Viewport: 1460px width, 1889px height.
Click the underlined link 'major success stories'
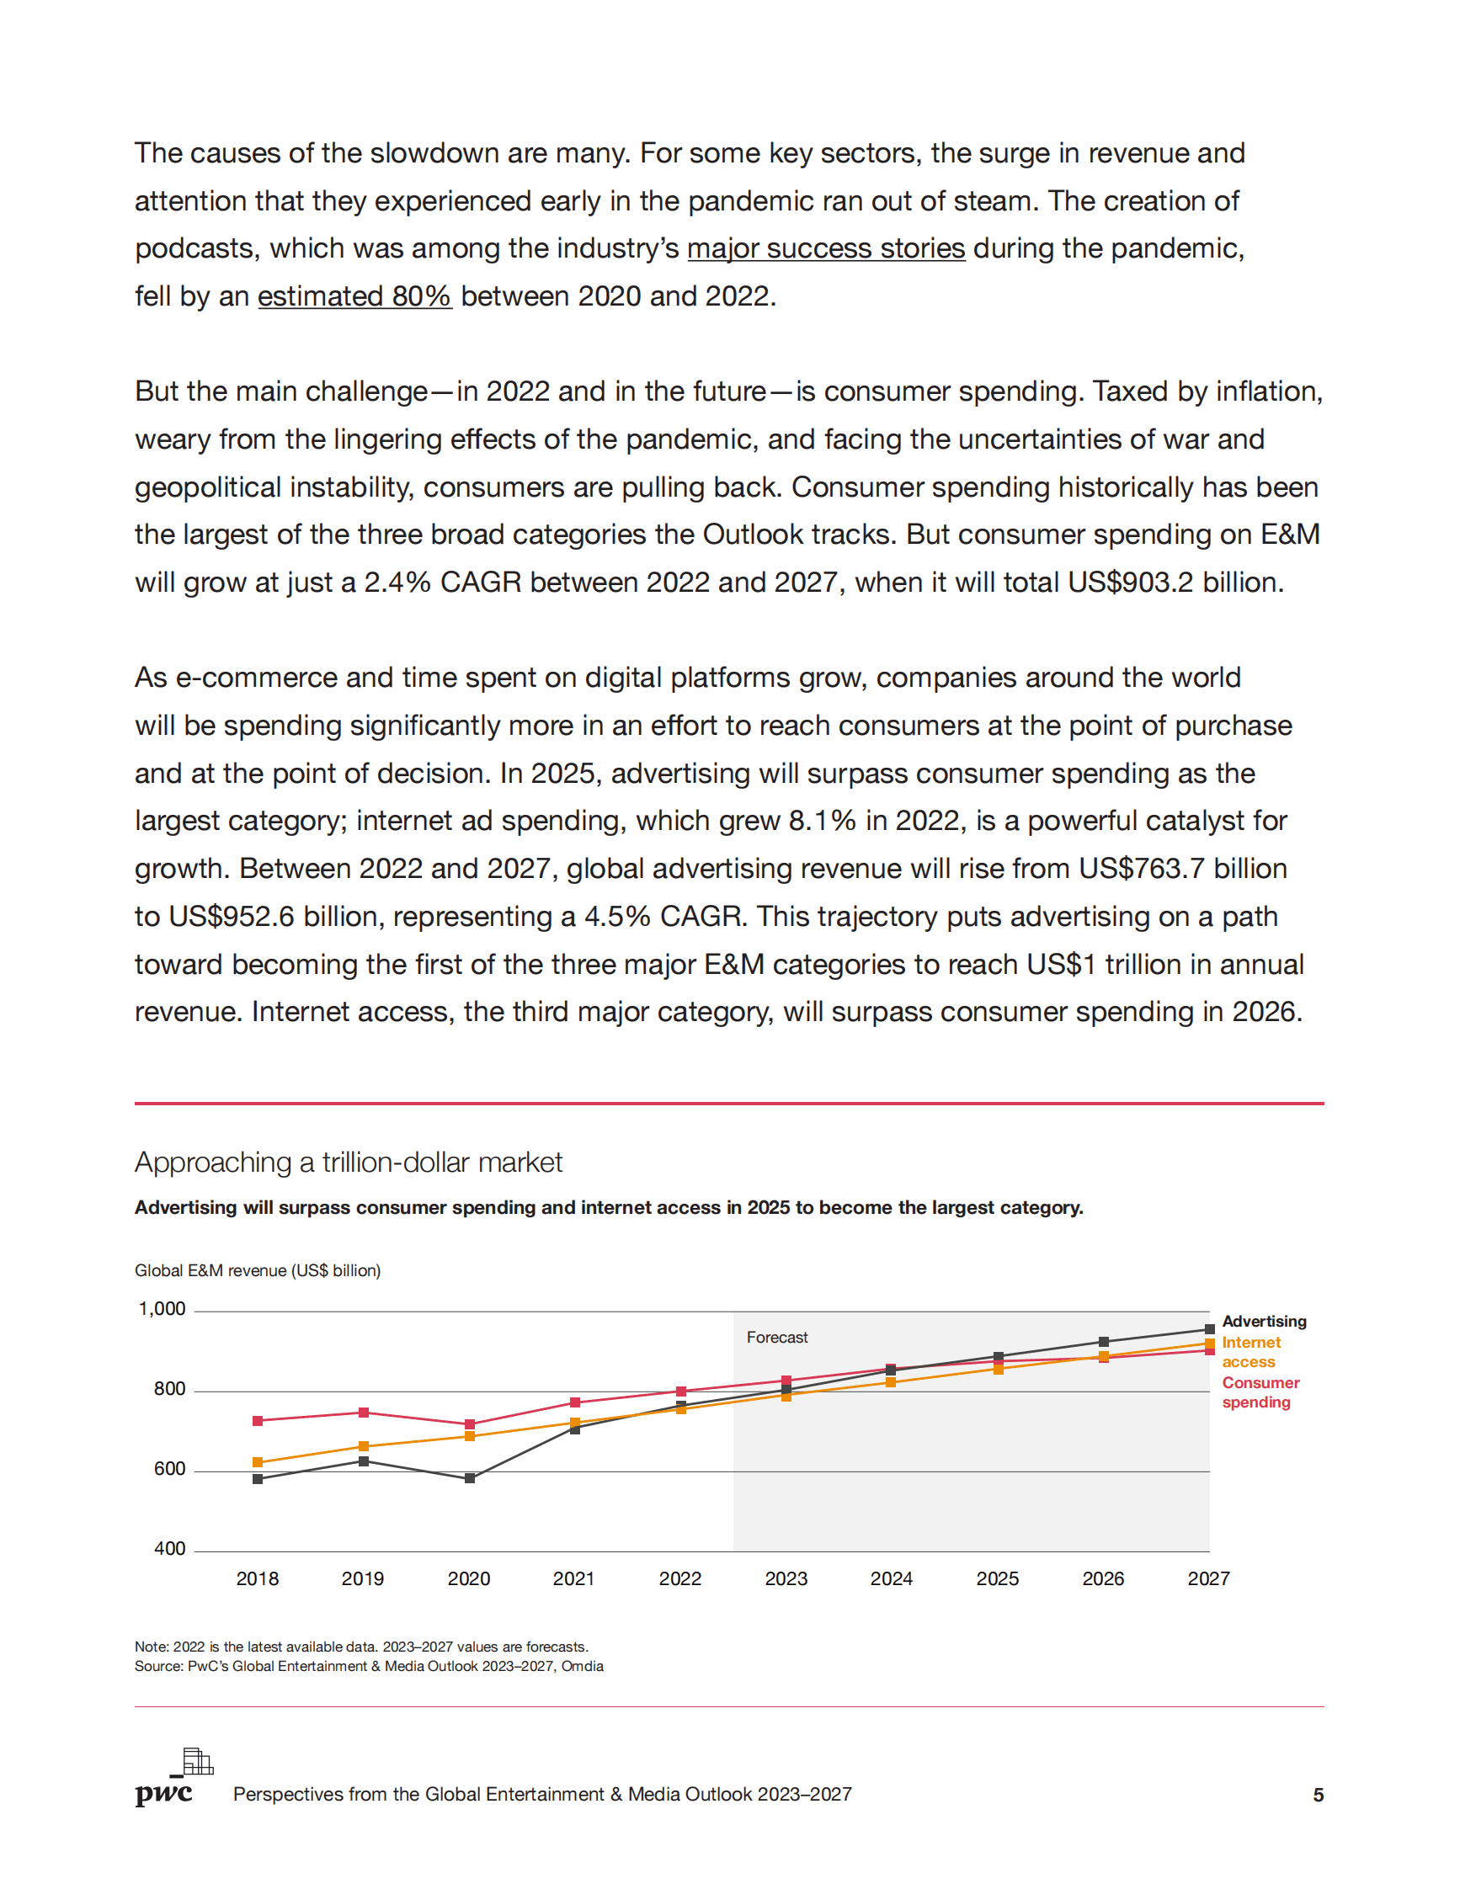coord(825,248)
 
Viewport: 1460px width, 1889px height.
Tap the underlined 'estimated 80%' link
coord(354,295)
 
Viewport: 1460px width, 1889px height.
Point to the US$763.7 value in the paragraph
coord(1141,869)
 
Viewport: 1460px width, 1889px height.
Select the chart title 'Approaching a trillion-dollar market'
coord(348,1162)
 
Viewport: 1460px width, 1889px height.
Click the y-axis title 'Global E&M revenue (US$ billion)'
coord(257,1269)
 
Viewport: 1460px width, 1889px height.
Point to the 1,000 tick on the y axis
coord(162,1309)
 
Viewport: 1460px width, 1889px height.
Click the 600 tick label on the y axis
coord(169,1469)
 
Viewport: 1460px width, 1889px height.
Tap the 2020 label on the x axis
coord(469,1578)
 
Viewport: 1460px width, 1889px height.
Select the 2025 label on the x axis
coord(997,1578)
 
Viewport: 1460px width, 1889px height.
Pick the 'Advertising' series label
coord(1264,1321)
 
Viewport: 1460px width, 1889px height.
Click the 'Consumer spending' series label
coord(1260,1391)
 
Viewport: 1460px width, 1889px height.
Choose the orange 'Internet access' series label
coord(1250,1352)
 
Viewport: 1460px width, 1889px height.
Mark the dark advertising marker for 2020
coord(470,1478)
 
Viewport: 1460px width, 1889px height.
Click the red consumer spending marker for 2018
coord(258,1420)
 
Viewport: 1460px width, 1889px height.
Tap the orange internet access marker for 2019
coord(363,1446)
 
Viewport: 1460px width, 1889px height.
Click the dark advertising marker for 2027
coord(1209,1329)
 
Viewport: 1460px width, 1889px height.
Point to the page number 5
coord(1318,1795)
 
